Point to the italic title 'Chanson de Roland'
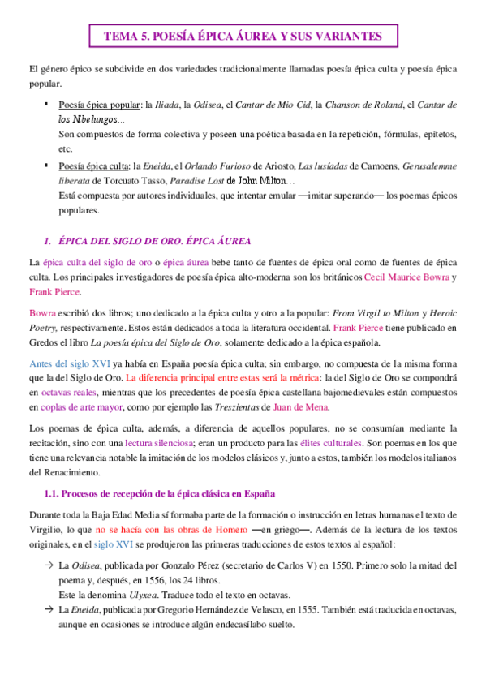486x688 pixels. tap(359, 105)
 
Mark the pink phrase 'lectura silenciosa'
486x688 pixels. tap(158, 443)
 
